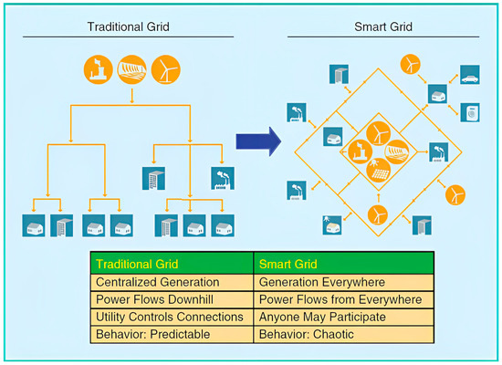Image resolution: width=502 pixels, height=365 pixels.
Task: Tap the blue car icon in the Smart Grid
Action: tap(469, 77)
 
